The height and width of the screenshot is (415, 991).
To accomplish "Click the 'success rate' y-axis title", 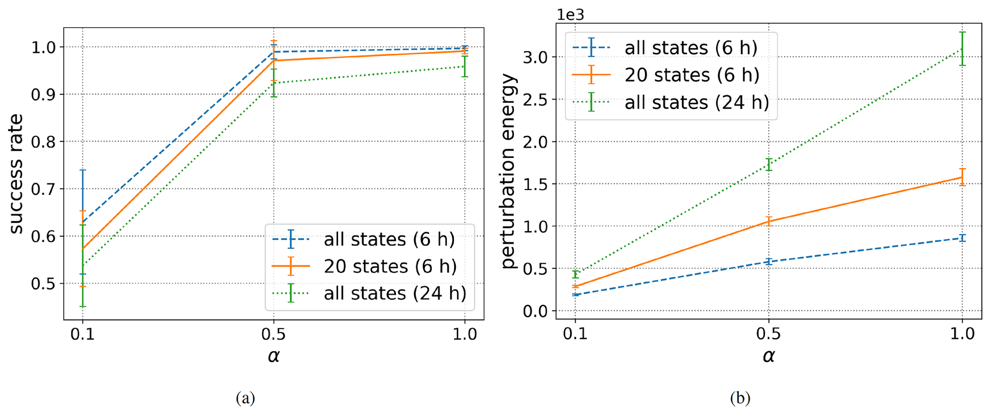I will coord(16,174).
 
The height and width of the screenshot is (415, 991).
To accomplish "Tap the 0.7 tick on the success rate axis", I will coord(43,189).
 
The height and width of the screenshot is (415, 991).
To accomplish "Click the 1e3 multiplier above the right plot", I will coord(570,15).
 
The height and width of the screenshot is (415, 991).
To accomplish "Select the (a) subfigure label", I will coord(245,398).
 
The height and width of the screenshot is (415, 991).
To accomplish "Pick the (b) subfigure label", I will coord(740,398).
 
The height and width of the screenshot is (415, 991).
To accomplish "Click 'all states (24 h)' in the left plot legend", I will coord(395,293).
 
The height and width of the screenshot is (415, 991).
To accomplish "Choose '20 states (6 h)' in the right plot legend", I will coord(692,75).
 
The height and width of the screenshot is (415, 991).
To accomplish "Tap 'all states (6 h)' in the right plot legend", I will coord(691,47).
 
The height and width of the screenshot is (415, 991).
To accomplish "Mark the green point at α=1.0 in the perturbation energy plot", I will coord(962,48).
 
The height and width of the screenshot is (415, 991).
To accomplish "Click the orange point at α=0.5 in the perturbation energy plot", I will coord(769,221).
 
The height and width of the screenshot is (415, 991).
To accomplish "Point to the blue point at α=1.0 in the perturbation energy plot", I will coord(962,237).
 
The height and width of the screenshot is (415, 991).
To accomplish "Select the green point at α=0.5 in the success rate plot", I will coord(274,83).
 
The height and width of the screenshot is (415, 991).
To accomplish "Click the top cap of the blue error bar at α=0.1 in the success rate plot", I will coord(82,170).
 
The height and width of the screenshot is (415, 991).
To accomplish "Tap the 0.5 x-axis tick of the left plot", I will coord(274,334).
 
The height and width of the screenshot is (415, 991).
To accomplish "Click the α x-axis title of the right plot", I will coord(769,356).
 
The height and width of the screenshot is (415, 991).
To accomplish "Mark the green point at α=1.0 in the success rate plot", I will coord(465,66).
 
